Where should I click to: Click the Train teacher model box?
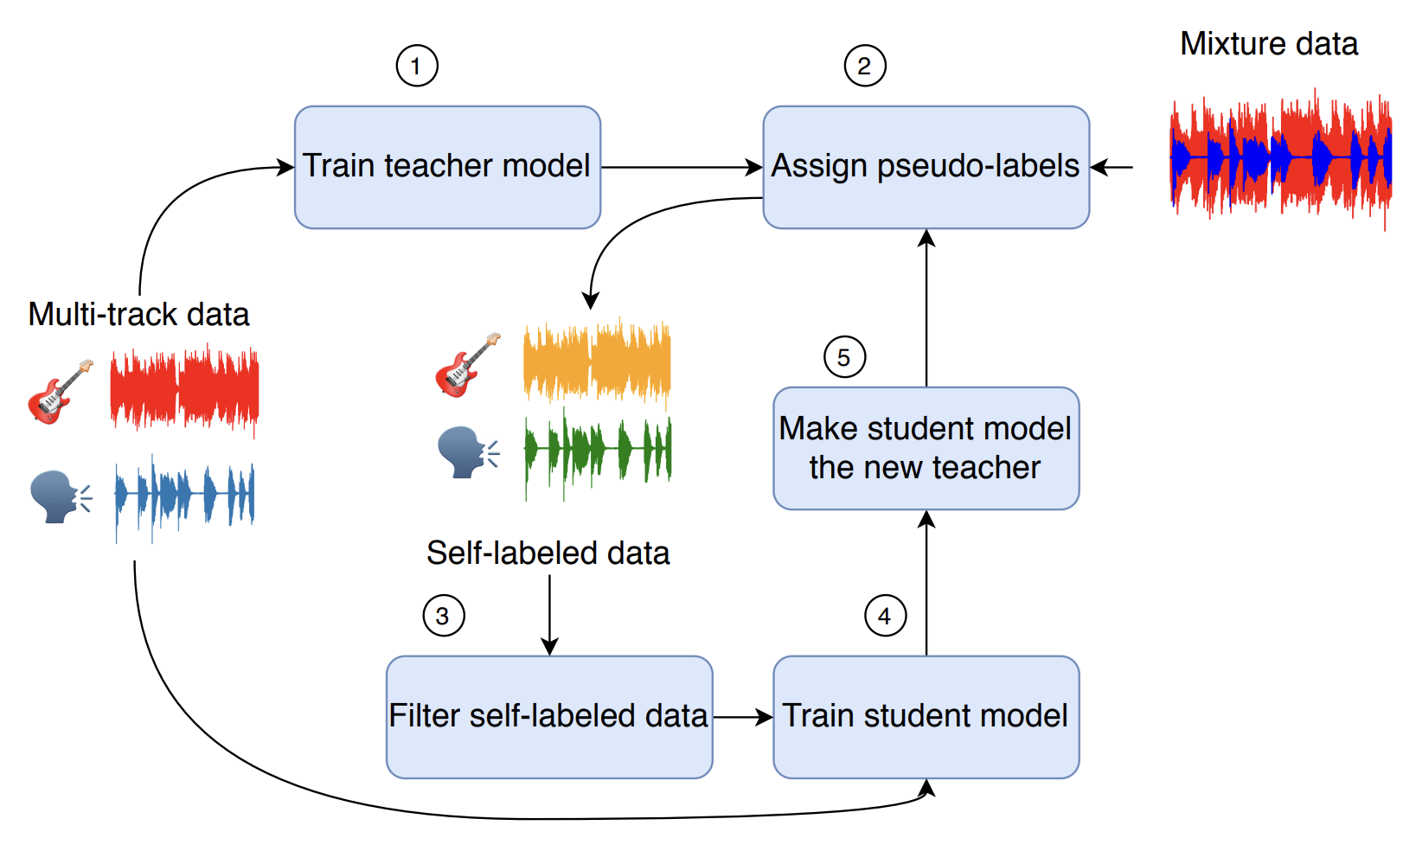pyautogui.click(x=447, y=167)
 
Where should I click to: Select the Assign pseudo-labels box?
pyautogui.click(x=926, y=167)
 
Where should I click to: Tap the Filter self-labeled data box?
pyautogui.click(x=549, y=716)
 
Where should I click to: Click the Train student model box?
pyautogui.click(x=926, y=716)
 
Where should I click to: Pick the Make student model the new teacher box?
pyautogui.click(x=926, y=448)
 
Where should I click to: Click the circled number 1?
pyautogui.click(x=417, y=66)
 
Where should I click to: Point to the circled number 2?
pyautogui.click(x=864, y=66)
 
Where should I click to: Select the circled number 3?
pyautogui.click(x=443, y=616)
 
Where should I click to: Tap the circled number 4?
pyautogui.click(x=885, y=616)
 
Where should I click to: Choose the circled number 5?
pyautogui.click(x=844, y=357)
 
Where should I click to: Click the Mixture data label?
pyautogui.click(x=1268, y=43)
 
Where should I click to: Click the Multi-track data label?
pyautogui.click(x=138, y=314)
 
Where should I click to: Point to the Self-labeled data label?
pyautogui.click(x=548, y=553)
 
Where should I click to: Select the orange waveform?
pyautogui.click(x=597, y=362)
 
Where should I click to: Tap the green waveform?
pyautogui.click(x=597, y=450)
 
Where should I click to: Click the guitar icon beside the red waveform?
pyautogui.click(x=60, y=392)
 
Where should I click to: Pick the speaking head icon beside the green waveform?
pyautogui.click(x=468, y=451)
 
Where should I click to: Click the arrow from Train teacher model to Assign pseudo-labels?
pyautogui.click(x=682, y=167)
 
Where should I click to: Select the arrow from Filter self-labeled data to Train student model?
pyautogui.click(x=742, y=717)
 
